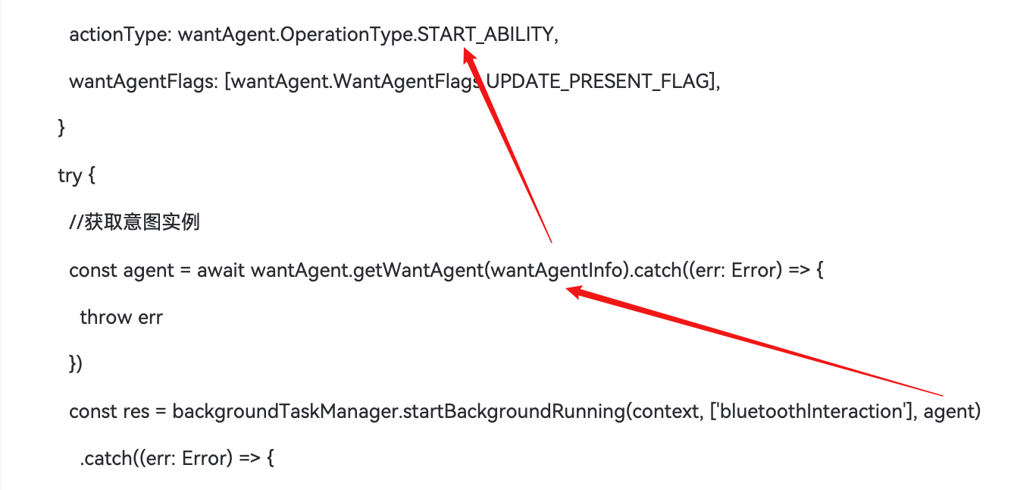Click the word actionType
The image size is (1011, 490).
(x=118, y=35)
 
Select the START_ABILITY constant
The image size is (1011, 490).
(x=486, y=34)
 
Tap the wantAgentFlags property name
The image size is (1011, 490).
(x=141, y=82)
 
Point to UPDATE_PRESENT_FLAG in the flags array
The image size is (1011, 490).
(x=599, y=81)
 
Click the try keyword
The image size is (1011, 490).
(x=70, y=176)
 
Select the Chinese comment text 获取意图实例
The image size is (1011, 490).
(x=142, y=222)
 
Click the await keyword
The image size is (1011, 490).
(x=221, y=271)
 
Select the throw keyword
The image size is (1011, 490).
(x=105, y=318)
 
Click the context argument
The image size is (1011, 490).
(x=665, y=412)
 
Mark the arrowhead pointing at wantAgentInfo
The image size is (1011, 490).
(x=575, y=291)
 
